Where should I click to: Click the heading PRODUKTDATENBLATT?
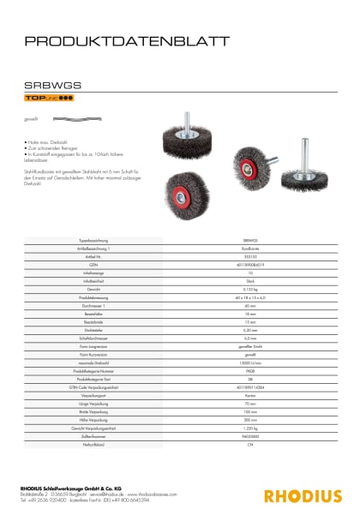(x=126, y=40)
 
